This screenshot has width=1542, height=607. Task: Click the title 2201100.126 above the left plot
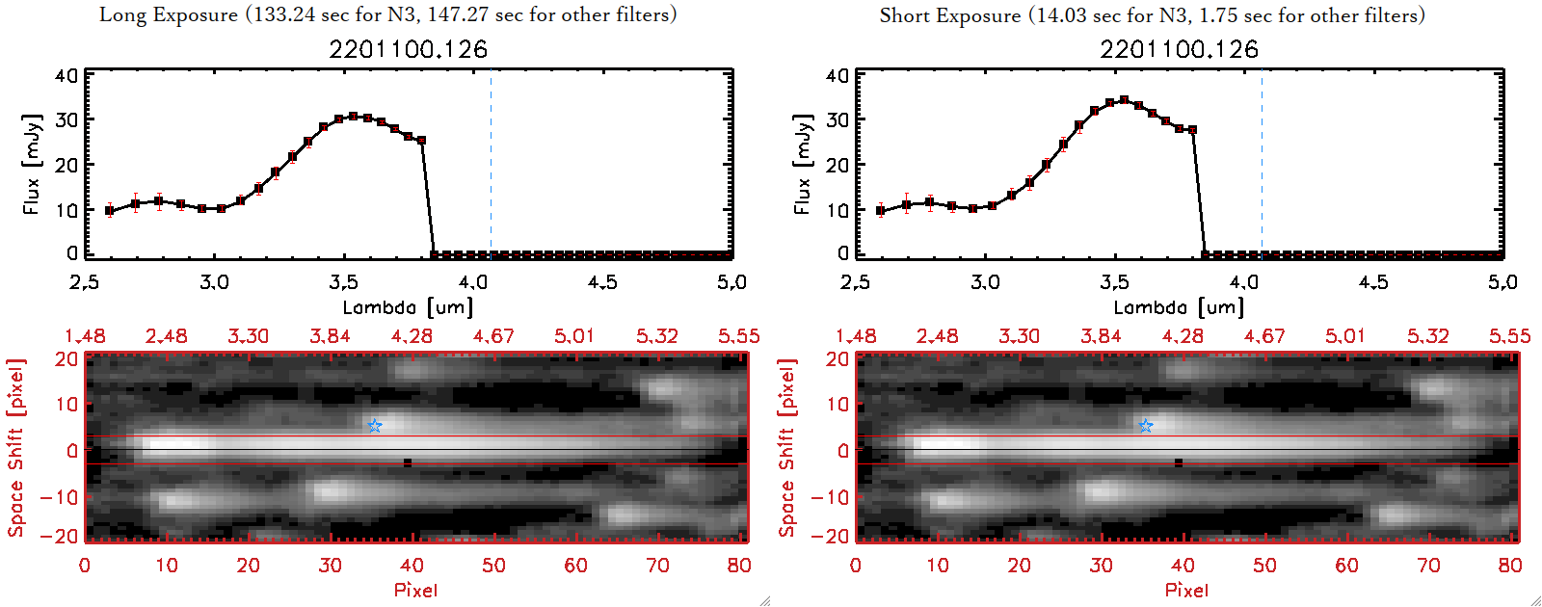coord(408,49)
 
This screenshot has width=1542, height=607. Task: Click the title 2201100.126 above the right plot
coord(1179,49)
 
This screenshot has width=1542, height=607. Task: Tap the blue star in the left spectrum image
coord(375,425)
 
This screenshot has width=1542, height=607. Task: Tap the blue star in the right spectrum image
coord(1146,425)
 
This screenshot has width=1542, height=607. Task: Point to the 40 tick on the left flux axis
coord(66,75)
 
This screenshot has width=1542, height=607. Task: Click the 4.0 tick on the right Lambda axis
coord(1244,282)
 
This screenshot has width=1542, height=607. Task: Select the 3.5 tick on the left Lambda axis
coord(343,282)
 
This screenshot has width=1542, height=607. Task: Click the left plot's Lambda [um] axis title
coord(408,307)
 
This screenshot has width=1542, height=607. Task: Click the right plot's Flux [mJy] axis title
coord(803,164)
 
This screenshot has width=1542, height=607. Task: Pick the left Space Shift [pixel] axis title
coord(15,448)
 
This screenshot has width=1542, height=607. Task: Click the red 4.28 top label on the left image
coord(412,336)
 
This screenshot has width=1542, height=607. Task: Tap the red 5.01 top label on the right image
coord(1345,336)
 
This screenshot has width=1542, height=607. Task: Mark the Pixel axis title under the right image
coord(1186,590)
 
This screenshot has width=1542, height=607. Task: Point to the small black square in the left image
coord(408,462)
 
